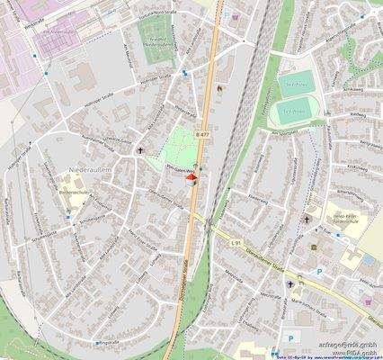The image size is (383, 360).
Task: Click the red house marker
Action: (191, 180)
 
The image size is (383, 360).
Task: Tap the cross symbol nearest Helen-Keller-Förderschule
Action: (306, 218)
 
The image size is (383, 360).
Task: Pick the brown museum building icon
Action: (221, 89)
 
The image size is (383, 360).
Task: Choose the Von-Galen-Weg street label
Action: (184, 167)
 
